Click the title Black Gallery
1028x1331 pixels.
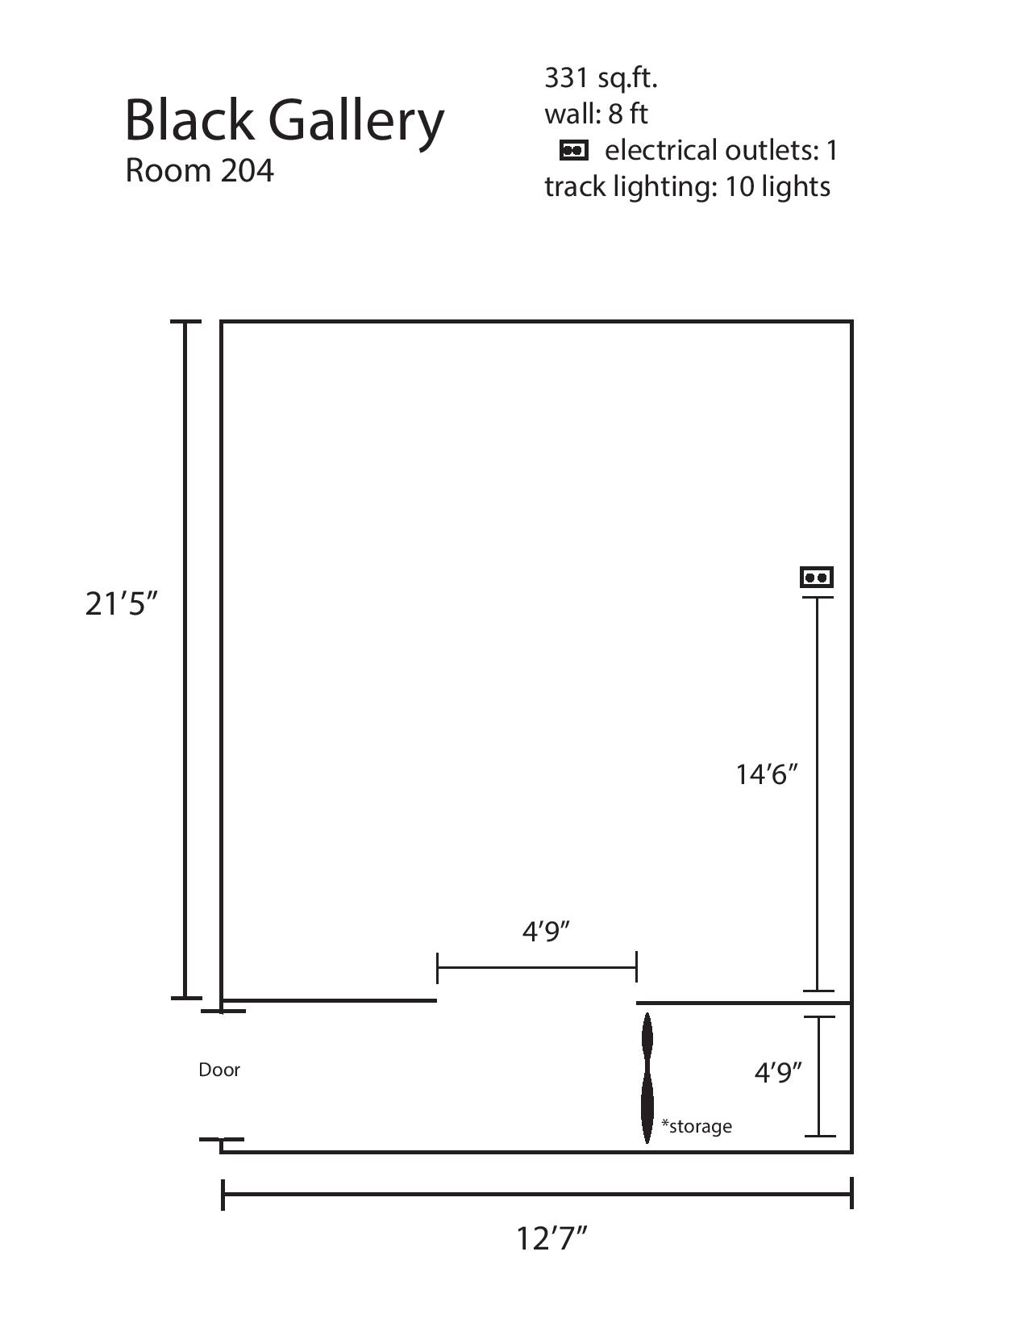click(284, 121)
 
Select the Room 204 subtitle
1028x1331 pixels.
click(200, 171)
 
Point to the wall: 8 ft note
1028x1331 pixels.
click(596, 114)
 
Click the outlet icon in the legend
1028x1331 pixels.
click(574, 151)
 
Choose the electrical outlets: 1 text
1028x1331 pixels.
click(721, 151)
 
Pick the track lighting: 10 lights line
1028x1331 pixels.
click(687, 187)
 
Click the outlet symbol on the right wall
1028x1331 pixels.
click(817, 577)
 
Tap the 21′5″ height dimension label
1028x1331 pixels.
click(121, 604)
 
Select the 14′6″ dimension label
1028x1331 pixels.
click(767, 774)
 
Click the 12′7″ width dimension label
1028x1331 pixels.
click(551, 1238)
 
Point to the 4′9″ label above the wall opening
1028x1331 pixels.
click(546, 932)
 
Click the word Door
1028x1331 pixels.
click(219, 1070)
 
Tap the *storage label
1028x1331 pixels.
click(697, 1126)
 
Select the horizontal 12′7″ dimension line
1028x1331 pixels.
click(537, 1194)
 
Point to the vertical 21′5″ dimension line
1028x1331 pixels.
click(185, 660)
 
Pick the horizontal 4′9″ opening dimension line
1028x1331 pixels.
click(537, 968)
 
